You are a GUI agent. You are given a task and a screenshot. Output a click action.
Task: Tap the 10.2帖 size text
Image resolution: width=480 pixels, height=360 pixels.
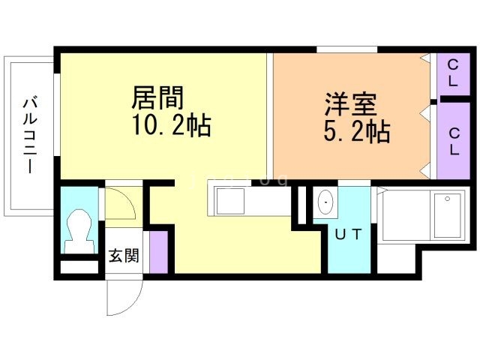tap(172, 125)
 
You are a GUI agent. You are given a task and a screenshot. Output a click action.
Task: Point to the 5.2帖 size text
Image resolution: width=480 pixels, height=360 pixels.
tap(355, 132)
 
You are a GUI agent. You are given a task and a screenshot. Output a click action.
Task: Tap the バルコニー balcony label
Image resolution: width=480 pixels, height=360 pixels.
tap(30, 135)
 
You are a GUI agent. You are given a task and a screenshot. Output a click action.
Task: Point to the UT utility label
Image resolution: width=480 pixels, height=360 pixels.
tap(349, 235)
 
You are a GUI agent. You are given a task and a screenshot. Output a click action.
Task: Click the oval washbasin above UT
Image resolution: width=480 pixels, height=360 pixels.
tap(325, 202)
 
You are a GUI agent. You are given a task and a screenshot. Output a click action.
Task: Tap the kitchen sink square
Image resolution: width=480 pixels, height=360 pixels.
tap(229, 201)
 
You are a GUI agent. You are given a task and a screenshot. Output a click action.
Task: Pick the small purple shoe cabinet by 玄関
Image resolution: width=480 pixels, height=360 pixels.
tap(158, 253)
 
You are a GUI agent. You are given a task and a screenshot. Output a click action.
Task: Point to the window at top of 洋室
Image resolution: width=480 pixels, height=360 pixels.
tap(346, 50)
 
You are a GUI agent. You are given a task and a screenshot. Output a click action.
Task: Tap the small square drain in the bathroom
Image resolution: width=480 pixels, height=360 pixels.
tap(450, 199)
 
